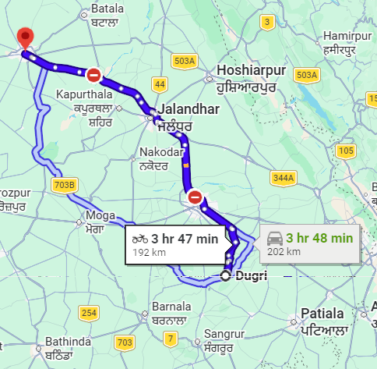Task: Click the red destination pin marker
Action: (x=26, y=37)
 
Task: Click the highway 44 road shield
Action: (x=159, y=83)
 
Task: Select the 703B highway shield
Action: (x=66, y=185)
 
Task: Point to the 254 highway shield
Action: (x=90, y=313)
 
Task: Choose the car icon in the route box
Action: (x=274, y=237)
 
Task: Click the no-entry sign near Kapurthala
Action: (x=93, y=74)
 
